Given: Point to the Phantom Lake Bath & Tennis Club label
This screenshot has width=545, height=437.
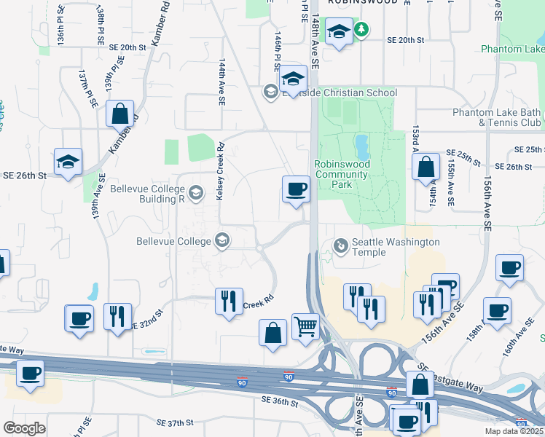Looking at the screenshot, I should pos(496,117).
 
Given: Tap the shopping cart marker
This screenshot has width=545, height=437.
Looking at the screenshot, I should pos(306,326).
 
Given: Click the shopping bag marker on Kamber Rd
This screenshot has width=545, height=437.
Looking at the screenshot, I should pos(120,114).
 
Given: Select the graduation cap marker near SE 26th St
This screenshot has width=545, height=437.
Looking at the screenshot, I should pos(68,162).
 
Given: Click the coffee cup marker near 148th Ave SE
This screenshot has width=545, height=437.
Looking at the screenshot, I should pos(296,190).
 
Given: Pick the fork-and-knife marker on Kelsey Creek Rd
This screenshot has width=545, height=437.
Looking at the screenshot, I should pos(229,301).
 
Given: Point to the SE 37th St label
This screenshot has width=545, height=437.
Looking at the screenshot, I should pos(175,422).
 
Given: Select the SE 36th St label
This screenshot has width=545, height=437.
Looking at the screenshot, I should pos(280,403).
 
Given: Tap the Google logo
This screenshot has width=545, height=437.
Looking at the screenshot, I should pos(24,428).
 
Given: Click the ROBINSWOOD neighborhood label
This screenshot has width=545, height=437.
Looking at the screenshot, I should pos(362,2).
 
